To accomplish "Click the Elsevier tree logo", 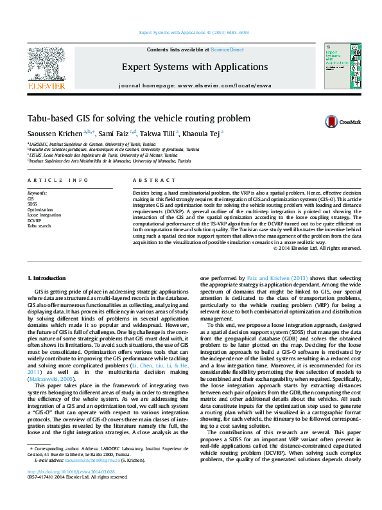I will (46, 64).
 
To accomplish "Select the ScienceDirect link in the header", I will (227, 49).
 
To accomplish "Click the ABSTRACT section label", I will (150, 180).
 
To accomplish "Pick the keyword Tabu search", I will (39, 226).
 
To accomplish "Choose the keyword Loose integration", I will (44, 215).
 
